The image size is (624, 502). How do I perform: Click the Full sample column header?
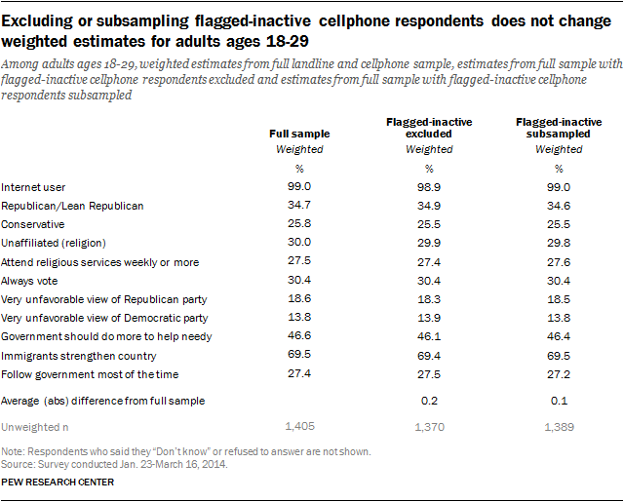point(298,133)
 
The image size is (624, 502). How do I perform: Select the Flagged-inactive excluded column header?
point(428,126)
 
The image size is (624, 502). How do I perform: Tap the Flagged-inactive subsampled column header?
point(559,126)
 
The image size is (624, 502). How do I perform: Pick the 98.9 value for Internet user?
point(428,186)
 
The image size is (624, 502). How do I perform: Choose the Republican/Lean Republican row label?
point(72,206)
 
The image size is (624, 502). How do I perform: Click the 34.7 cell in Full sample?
point(298,206)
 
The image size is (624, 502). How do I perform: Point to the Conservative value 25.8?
point(298,224)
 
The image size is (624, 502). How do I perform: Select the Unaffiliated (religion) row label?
point(66,243)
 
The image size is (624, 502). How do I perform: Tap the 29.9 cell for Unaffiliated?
point(428,243)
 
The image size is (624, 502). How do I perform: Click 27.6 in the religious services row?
point(559,261)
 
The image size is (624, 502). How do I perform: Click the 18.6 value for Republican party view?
point(298,298)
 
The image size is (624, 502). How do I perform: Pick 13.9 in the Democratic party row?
point(428,318)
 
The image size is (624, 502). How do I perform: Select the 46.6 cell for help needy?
point(298,336)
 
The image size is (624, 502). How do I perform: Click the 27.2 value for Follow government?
point(559,373)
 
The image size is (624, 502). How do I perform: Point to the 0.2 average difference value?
point(428,401)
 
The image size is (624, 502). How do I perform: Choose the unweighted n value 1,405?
point(298,427)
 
